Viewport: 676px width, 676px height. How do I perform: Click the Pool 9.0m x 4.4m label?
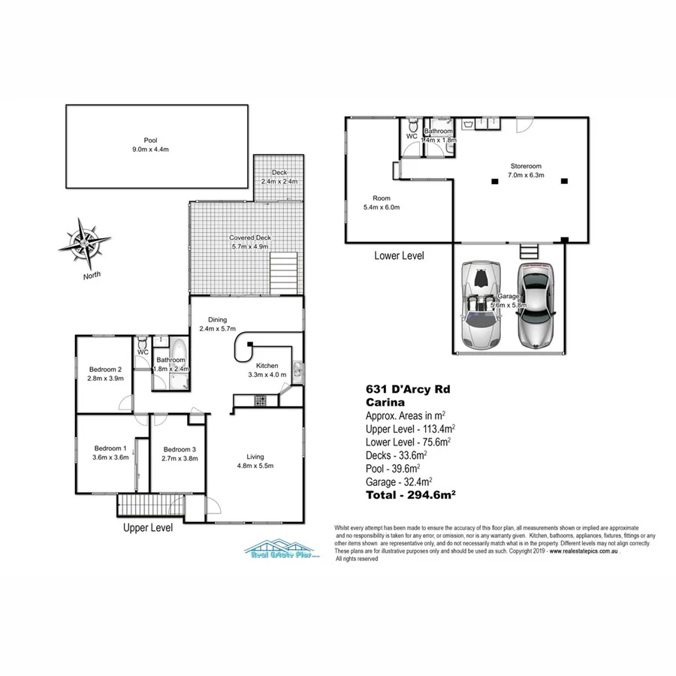[157, 144]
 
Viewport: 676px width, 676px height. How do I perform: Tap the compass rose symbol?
[85, 243]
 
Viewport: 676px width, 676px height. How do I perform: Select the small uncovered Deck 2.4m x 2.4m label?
[279, 177]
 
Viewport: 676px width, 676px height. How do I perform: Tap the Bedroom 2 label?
[105, 373]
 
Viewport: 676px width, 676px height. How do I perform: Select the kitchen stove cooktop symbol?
[260, 401]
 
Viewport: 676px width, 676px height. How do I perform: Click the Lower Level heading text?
[399, 255]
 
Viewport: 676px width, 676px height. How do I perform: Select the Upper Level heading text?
[148, 528]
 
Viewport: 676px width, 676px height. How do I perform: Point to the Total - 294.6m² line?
[411, 495]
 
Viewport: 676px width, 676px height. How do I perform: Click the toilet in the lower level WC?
[412, 125]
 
